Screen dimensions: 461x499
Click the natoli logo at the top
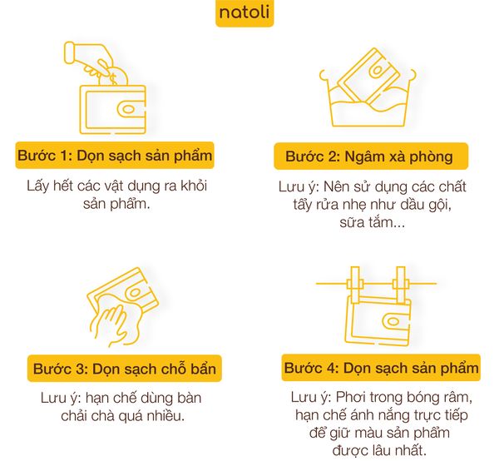click(243, 14)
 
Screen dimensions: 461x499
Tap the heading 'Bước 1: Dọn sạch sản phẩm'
click(114, 156)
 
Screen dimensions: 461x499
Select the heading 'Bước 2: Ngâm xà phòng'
click(368, 156)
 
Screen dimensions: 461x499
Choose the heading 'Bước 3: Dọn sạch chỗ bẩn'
click(126, 368)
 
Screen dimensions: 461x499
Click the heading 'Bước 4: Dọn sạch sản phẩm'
click(381, 368)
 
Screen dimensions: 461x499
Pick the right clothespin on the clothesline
click(402, 283)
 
